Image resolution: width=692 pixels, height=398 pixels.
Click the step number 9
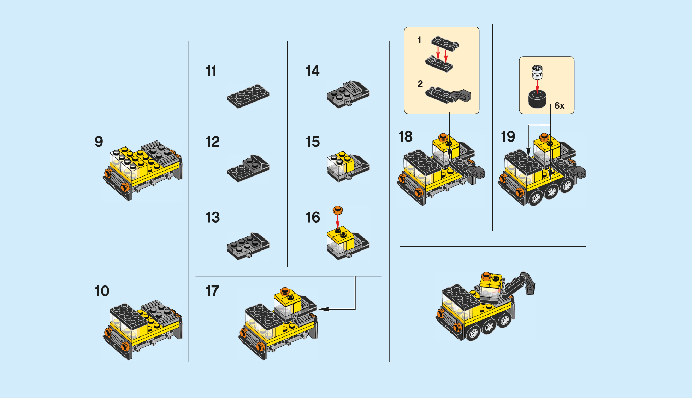point(99,142)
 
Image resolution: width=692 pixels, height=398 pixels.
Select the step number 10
point(102,291)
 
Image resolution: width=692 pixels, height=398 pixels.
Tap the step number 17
point(212,291)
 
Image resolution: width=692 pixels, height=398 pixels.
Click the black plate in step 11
point(248,96)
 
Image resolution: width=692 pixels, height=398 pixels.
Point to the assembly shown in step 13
point(248,246)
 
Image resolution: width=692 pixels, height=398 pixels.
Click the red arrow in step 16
point(338,221)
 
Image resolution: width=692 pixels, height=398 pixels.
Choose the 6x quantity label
point(559,105)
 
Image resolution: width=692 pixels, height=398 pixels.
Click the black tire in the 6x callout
point(537,99)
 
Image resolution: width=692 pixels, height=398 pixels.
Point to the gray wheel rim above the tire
point(537,72)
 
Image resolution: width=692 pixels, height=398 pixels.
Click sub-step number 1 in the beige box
point(419,40)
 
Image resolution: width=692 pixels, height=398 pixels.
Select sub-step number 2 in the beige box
point(420,84)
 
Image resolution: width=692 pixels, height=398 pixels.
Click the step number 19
point(508,137)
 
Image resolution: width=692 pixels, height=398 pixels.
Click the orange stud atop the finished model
point(486,275)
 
